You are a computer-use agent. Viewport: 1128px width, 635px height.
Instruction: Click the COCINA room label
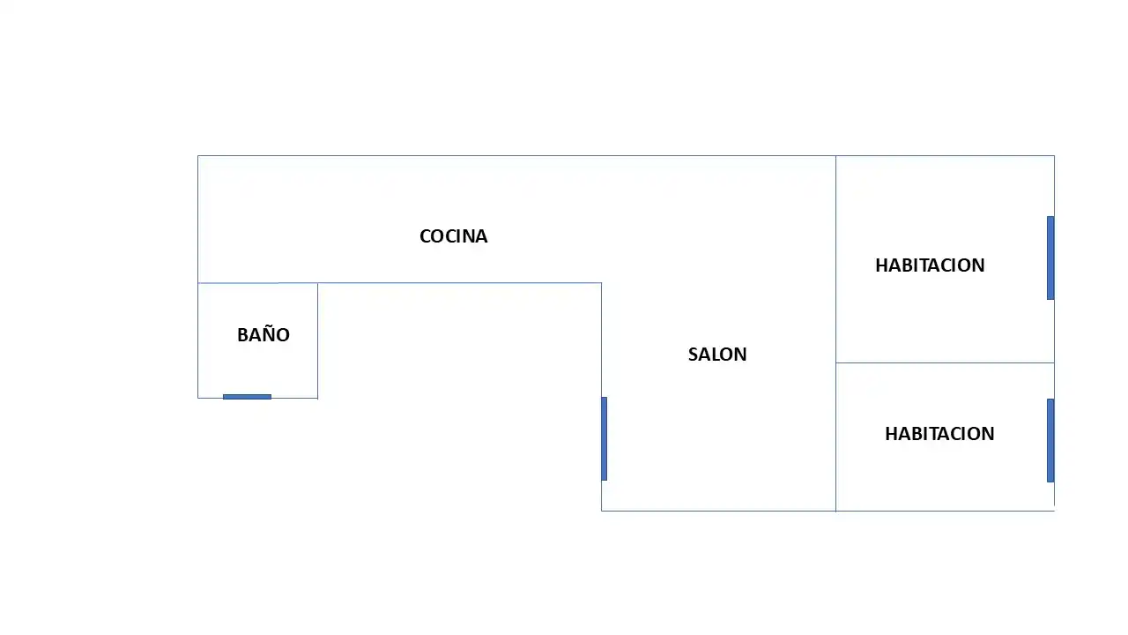coord(453,236)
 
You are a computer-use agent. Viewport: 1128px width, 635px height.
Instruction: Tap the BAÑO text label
coord(263,334)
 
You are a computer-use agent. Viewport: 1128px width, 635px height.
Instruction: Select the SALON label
coord(717,355)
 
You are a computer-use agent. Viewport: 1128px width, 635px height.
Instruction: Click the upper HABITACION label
coord(930,265)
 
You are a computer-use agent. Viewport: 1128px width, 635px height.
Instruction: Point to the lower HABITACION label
coord(939,434)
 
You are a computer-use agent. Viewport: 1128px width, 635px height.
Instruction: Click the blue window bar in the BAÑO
coord(247,397)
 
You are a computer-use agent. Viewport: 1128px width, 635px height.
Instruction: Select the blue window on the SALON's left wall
coord(604,438)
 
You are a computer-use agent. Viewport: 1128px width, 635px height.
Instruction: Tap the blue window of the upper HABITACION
coord(1050,258)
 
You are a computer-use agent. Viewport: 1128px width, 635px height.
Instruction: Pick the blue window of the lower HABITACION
coord(1050,440)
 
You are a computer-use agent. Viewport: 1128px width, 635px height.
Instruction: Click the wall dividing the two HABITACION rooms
coord(945,362)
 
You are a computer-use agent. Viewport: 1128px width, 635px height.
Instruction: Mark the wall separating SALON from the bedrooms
coord(836,333)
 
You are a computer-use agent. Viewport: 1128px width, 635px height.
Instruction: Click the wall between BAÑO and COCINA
coord(257,283)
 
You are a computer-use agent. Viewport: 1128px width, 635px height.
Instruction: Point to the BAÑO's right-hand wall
coord(318,340)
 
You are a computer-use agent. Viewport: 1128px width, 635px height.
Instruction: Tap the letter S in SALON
coord(693,355)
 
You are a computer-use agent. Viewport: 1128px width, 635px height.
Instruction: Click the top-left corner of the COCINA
coord(198,156)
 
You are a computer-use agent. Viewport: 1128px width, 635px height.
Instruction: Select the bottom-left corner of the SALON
coord(601,511)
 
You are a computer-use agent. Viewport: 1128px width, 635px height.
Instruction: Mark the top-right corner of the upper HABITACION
coord(1055,156)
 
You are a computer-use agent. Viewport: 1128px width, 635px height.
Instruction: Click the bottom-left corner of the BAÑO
coord(198,398)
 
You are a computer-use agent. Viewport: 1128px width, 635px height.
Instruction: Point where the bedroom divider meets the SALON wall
coord(836,362)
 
